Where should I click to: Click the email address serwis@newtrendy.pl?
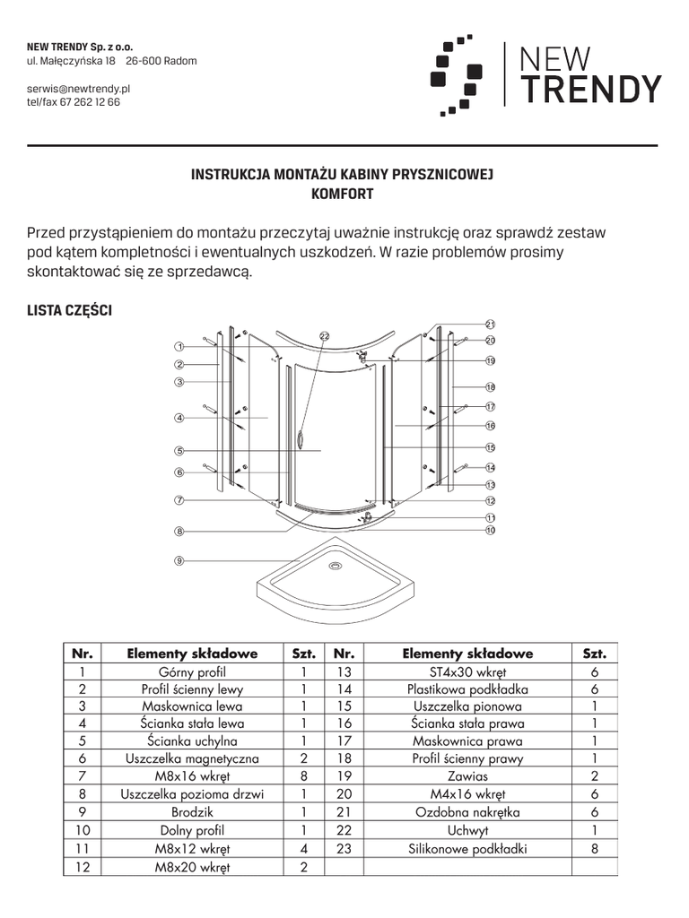(79, 90)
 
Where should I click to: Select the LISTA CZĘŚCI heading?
(70, 311)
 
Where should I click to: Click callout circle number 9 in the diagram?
(179, 561)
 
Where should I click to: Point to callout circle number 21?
(491, 325)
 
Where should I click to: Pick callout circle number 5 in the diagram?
(179, 451)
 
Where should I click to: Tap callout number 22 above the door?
(325, 336)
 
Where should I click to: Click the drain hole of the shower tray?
(336, 566)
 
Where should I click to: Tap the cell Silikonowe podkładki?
(467, 848)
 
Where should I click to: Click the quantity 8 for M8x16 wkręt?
(304, 776)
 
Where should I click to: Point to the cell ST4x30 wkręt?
(467, 671)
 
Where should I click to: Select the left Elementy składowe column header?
(192, 654)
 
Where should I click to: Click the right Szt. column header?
(595, 654)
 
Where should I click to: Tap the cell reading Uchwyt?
(467, 830)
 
